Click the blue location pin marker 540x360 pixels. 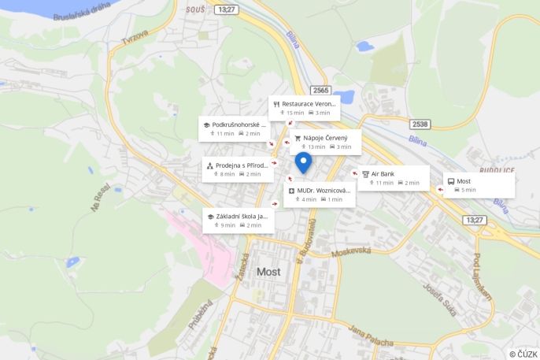[x=303, y=162]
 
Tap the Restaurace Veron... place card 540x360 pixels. [x=304, y=108]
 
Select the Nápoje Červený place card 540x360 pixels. [x=325, y=142]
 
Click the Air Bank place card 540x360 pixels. [x=393, y=177]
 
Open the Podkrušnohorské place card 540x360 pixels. [x=235, y=128]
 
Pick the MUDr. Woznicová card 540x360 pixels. [x=319, y=194]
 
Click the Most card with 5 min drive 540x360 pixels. [x=479, y=185]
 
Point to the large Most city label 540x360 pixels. [x=268, y=272]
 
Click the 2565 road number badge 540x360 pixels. [x=320, y=90]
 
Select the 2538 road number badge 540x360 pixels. [x=420, y=124]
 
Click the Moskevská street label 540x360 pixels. [x=350, y=254]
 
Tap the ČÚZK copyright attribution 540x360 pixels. [x=523, y=354]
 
